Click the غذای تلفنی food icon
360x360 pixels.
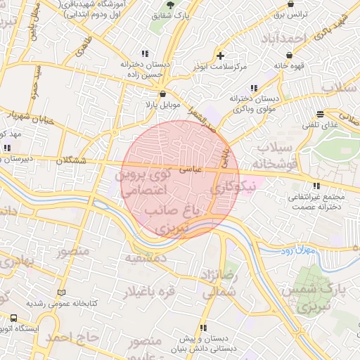pyautogui.click(x=321, y=114)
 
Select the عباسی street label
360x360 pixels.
pyautogui.click(x=191, y=169)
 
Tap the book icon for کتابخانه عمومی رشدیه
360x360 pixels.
pyautogui.click(x=61, y=292)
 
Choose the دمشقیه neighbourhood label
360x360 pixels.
pyautogui.click(x=147, y=258)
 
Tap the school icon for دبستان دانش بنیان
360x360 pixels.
pyautogui.click(x=203, y=328)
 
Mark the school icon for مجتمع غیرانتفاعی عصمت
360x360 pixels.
pyautogui.click(x=316, y=186)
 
